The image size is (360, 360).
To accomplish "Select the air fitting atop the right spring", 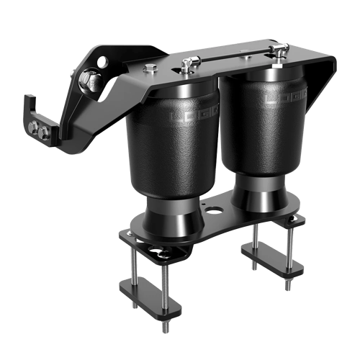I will click(276, 52).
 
